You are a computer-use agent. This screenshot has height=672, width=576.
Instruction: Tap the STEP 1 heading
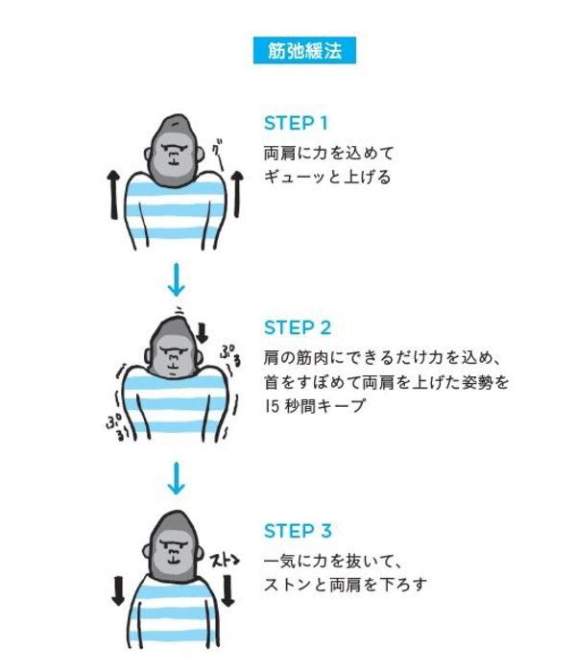point(296,124)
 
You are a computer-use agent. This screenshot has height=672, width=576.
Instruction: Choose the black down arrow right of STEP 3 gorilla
point(230,590)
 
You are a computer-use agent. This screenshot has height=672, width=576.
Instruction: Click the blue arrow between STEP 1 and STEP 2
point(175,280)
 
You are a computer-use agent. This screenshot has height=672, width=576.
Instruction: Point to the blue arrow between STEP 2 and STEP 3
point(175,478)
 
